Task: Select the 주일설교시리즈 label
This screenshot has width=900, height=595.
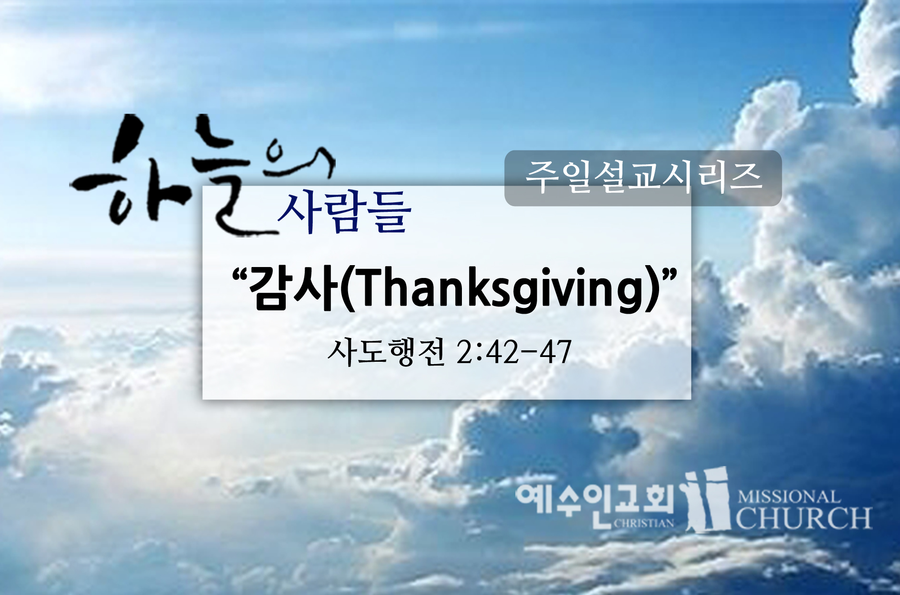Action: point(643,177)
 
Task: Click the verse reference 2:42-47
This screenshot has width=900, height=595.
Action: point(513,353)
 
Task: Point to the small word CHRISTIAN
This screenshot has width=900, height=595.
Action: point(644,523)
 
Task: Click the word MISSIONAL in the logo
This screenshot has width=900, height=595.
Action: point(789,497)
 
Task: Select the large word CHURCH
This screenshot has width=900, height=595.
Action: point(804,518)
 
